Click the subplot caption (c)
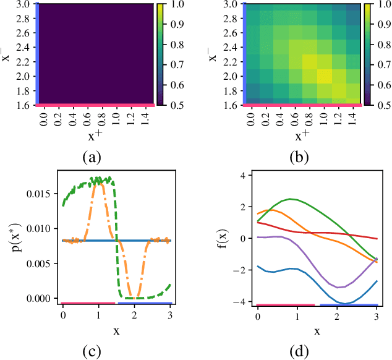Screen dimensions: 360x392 [92, 352]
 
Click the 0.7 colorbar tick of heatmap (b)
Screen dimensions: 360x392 [387, 64]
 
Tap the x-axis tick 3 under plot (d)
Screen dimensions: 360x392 [377, 315]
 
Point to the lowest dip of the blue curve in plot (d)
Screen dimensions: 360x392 [340, 303]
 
